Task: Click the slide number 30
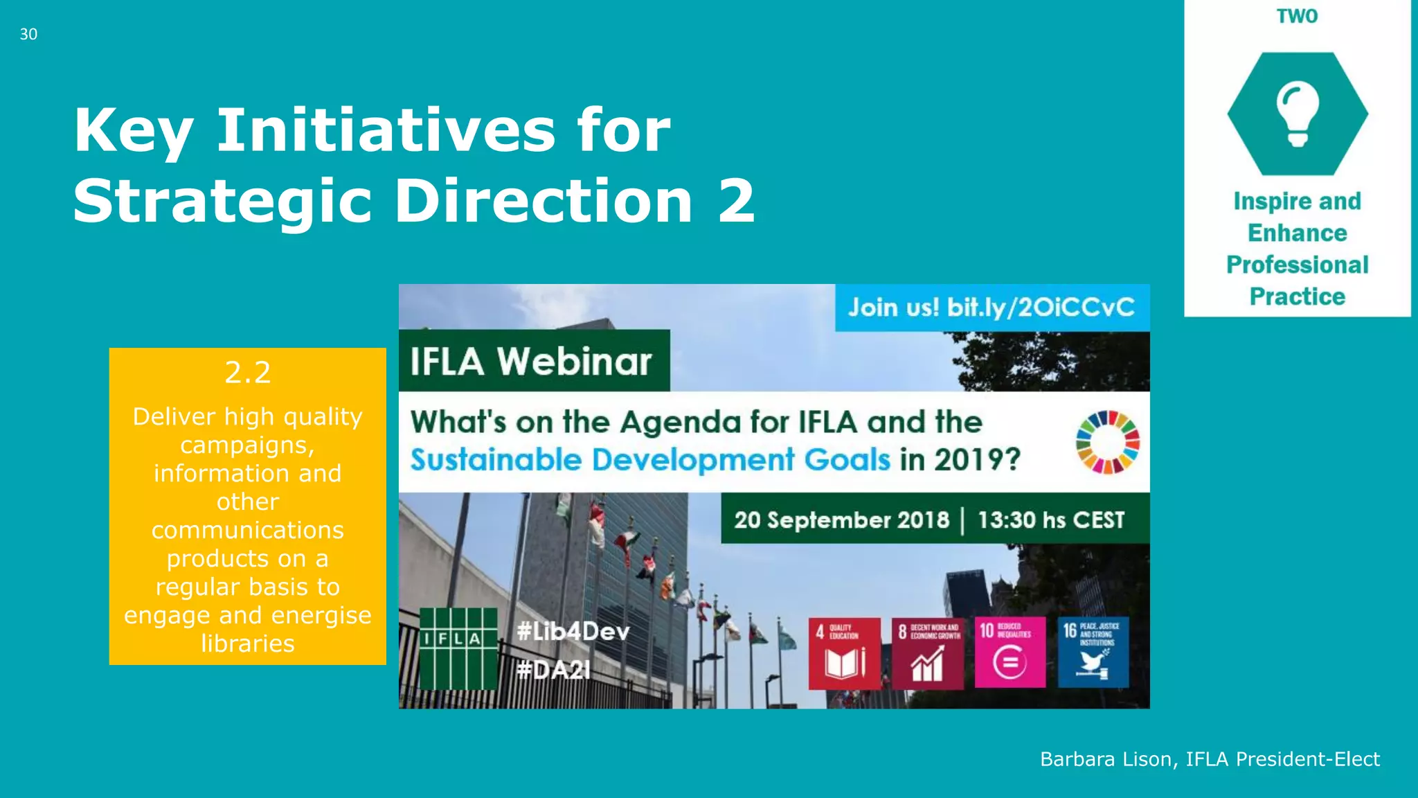click(28, 34)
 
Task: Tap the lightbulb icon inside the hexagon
click(1298, 113)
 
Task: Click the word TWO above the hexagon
click(1297, 16)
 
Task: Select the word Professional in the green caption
click(1297, 265)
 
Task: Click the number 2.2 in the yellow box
click(247, 373)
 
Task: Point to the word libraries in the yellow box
click(247, 644)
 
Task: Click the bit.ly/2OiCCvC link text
click(1041, 307)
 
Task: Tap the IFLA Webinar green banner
click(532, 361)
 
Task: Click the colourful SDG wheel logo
click(1107, 442)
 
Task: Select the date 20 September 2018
click(841, 520)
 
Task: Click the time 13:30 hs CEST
click(1050, 520)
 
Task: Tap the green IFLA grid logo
click(458, 648)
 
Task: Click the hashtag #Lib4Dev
click(573, 631)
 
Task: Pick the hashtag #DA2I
click(553, 669)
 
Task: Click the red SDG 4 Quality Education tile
click(844, 653)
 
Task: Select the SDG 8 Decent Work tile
click(927, 653)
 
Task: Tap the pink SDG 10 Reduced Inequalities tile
click(1009, 653)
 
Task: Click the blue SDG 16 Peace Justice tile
click(1093, 653)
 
